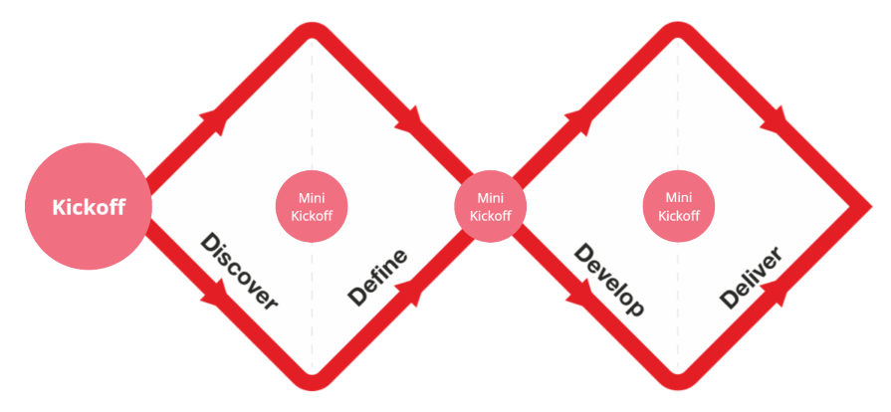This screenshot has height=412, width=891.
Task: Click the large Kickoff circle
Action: click(x=89, y=207)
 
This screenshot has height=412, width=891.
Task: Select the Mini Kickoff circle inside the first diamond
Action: click(x=312, y=207)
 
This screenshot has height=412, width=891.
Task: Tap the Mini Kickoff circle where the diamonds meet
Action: click(x=490, y=207)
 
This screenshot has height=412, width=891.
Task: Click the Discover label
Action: click(x=239, y=272)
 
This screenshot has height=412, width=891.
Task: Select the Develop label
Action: click(x=609, y=280)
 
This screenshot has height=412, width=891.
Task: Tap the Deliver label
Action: click(x=751, y=278)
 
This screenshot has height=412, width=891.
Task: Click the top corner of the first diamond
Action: click(x=312, y=33)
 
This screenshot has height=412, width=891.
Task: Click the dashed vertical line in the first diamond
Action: click(x=312, y=119)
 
